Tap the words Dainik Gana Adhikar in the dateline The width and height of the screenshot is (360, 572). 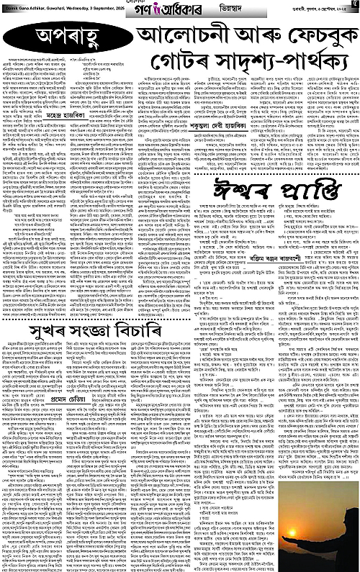click(24, 7)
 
